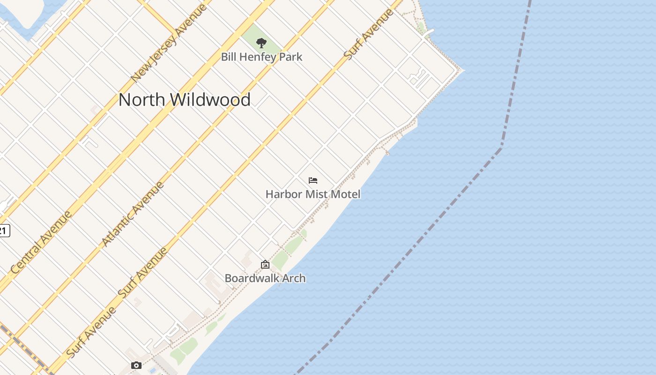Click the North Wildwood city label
[184, 100]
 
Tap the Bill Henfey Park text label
[261, 57]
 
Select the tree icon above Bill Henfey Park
[261, 43]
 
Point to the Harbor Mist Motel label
[313, 194]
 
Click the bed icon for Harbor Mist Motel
[313, 180]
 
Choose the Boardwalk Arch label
[265, 278]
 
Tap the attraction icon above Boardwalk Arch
[265, 265]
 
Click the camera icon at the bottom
[136, 365]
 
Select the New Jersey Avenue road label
[169, 43]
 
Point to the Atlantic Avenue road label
[133, 214]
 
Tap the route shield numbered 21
[4, 231]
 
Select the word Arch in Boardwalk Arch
[294, 278]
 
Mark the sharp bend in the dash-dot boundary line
[501, 148]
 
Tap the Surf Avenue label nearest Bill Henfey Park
[368, 34]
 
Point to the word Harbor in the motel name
[283, 194]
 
